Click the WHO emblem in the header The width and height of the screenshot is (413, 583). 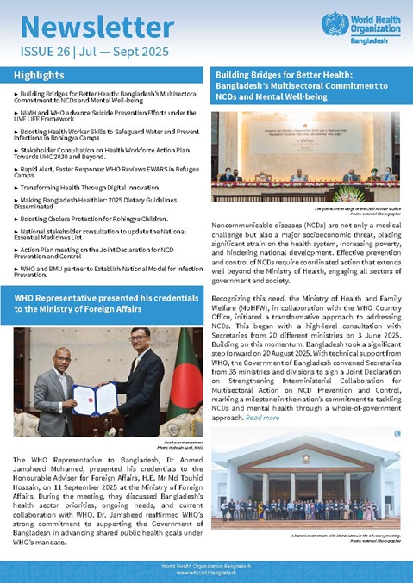pyautogui.click(x=335, y=23)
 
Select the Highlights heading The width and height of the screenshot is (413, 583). pyautogui.click(x=39, y=76)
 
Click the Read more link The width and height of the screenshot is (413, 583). pyautogui.click(x=262, y=418)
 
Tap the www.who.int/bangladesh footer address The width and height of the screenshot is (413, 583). pyautogui.click(x=206, y=573)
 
